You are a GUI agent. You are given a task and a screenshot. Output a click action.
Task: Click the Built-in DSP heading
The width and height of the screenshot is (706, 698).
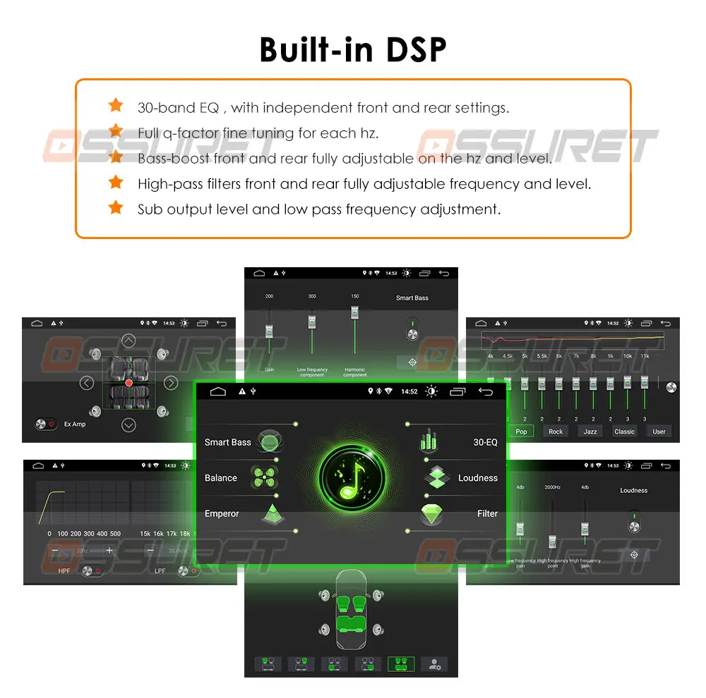(x=353, y=49)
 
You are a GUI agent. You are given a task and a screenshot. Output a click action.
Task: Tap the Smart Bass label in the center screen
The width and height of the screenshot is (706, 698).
(x=227, y=442)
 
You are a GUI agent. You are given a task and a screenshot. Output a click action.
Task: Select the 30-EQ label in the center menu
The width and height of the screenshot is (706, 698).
(x=485, y=442)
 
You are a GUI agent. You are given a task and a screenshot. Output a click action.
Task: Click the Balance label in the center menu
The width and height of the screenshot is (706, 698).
(x=221, y=478)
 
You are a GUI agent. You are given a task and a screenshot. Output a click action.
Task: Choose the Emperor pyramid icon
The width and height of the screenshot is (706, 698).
(x=272, y=513)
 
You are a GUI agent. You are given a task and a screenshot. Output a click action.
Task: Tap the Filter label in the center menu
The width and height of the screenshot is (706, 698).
(x=487, y=513)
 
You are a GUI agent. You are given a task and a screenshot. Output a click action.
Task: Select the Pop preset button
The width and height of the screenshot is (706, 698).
(x=521, y=431)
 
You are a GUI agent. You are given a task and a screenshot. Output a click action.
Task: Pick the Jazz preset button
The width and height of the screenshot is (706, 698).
(x=590, y=431)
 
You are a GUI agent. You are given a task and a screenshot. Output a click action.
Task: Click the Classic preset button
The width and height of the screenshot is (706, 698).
(x=624, y=431)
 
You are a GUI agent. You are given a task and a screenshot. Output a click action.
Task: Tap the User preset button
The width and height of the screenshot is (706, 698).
(x=659, y=431)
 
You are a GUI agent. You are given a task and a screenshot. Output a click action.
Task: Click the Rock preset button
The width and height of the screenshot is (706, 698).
(x=556, y=431)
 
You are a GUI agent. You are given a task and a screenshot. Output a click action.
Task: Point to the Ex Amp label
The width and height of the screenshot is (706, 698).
(x=75, y=424)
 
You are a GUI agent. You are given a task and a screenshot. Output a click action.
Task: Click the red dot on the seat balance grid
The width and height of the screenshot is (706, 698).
(x=129, y=383)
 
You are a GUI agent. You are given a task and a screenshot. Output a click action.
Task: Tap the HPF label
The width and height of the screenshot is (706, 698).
(x=64, y=570)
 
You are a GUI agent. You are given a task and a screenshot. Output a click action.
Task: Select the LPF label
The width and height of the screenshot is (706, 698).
(x=160, y=570)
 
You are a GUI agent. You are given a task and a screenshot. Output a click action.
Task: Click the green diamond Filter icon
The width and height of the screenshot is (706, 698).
(x=431, y=513)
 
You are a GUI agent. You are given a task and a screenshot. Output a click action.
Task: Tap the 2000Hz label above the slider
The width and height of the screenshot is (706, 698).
(x=553, y=487)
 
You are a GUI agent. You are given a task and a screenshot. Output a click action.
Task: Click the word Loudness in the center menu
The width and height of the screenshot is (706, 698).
(x=478, y=478)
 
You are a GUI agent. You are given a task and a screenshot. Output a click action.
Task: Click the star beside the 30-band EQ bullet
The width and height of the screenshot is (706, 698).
(x=115, y=106)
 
